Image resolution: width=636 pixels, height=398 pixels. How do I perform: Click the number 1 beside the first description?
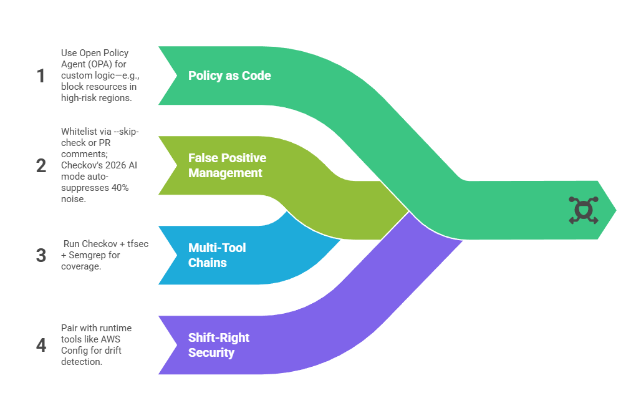coord(41,75)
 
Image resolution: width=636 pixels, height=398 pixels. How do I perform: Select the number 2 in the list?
coord(41,165)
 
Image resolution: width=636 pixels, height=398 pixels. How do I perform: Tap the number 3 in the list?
coord(41,255)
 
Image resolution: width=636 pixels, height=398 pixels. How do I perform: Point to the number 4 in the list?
coord(41,345)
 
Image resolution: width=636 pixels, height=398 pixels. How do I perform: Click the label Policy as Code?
coord(229,75)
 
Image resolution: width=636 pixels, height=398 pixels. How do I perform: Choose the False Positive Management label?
coord(227,165)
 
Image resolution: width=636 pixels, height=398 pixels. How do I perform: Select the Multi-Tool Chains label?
coord(208,255)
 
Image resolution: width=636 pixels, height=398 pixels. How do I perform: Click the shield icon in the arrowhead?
coord(583,210)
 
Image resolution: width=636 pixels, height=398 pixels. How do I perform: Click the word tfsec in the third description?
coord(137,244)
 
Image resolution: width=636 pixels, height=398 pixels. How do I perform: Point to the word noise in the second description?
coord(72,199)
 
